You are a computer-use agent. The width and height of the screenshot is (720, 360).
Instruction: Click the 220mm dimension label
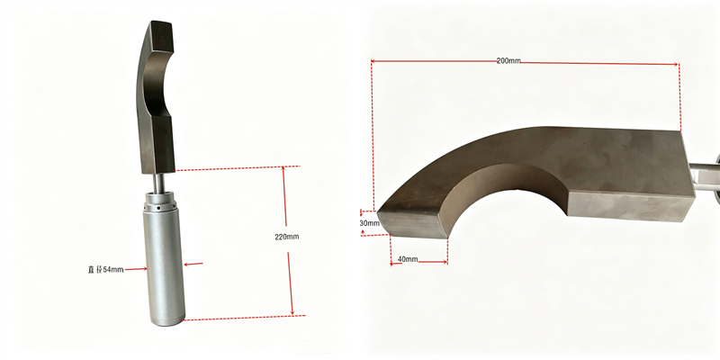(x=286, y=237)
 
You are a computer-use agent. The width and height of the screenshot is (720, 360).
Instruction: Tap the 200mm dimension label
(x=508, y=60)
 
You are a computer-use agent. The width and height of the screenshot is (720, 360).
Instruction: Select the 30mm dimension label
(x=370, y=223)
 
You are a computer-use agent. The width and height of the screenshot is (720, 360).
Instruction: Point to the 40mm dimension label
(x=408, y=259)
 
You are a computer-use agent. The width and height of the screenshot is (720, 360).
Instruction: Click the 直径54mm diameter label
(x=105, y=269)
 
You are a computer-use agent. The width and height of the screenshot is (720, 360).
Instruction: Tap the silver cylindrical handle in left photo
(x=164, y=265)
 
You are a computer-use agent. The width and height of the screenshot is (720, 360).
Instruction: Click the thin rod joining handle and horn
(x=157, y=184)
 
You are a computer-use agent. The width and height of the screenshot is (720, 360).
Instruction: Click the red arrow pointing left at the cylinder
(x=193, y=264)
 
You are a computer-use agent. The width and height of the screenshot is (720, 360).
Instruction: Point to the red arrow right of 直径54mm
(x=136, y=269)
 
